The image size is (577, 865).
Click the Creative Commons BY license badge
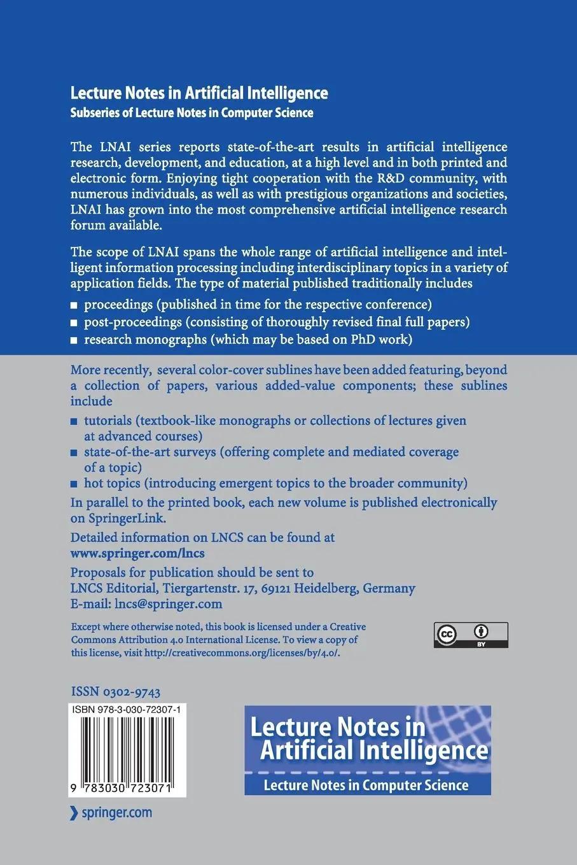pos(471,635)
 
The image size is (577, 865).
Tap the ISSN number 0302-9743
pos(115,692)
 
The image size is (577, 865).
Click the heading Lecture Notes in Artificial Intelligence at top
pos(199,93)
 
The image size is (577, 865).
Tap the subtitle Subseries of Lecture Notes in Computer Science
pos(191,113)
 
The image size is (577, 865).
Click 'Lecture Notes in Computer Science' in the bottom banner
pos(366,785)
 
